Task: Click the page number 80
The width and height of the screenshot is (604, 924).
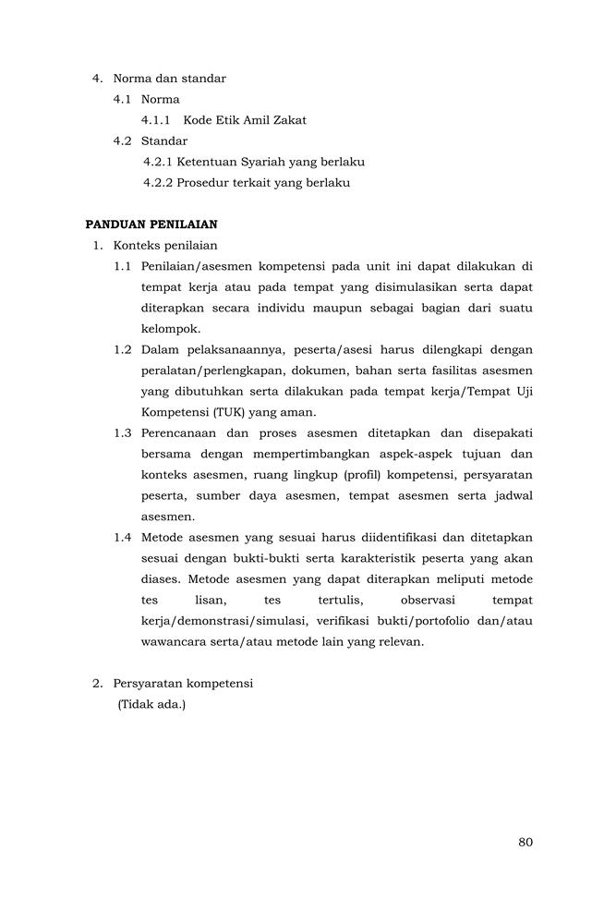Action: [x=525, y=842]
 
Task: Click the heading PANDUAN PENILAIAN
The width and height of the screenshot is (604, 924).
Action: [x=151, y=224]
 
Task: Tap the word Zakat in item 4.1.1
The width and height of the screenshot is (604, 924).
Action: [x=287, y=120]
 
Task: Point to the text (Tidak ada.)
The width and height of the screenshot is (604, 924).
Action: [x=151, y=705]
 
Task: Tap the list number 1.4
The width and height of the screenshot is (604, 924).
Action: [x=123, y=538]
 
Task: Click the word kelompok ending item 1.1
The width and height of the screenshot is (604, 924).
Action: [x=170, y=328]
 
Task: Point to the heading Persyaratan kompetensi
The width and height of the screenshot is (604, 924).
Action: [x=183, y=684]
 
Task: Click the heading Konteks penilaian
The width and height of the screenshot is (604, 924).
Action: [x=165, y=245]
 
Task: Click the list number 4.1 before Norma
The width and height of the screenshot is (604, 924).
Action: [x=123, y=99]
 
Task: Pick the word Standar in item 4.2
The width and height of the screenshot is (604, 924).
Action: [x=164, y=141]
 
